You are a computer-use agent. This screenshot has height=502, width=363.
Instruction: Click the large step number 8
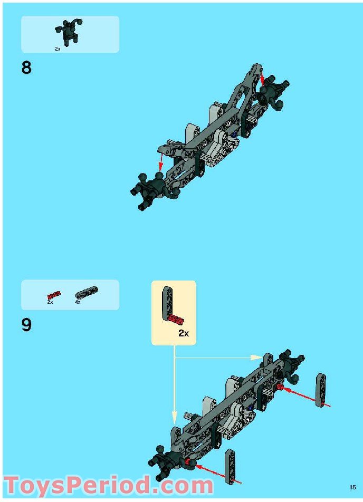[x=26, y=68]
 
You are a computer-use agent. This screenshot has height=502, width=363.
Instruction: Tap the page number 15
[x=352, y=487]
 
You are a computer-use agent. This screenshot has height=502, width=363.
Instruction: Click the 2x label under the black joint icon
[x=58, y=49]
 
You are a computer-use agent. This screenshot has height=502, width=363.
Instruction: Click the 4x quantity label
[x=78, y=302]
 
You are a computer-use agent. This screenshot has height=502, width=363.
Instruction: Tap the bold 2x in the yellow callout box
[x=183, y=333]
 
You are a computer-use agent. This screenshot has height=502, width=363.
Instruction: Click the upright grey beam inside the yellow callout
[x=166, y=303]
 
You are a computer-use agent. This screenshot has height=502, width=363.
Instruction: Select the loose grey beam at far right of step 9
[x=320, y=390]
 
